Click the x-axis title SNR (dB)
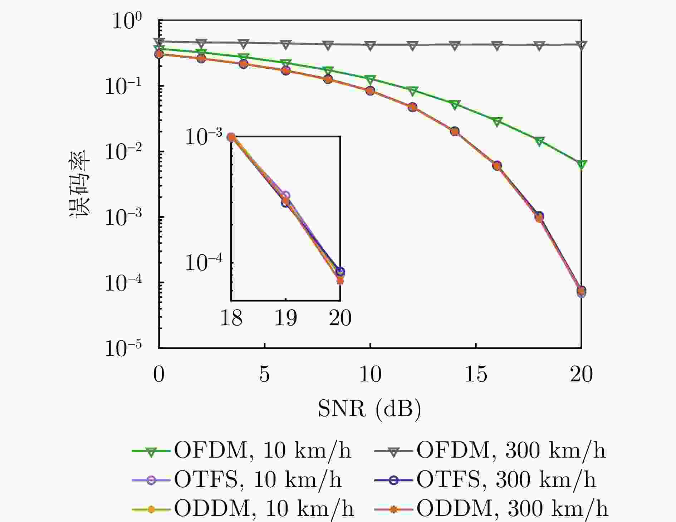tap(369, 409)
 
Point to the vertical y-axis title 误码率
tap(79, 183)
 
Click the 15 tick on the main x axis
tap(476, 375)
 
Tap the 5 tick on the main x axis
tap(264, 375)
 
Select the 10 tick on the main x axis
tap(370, 375)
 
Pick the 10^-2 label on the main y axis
tap(123, 152)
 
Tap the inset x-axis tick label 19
tap(285, 318)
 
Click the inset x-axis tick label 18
tap(231, 318)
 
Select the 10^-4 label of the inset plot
tap(204, 263)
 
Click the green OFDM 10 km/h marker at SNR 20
tap(582, 164)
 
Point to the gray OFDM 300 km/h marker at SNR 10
tap(370, 45)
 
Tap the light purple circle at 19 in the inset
tap(286, 195)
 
